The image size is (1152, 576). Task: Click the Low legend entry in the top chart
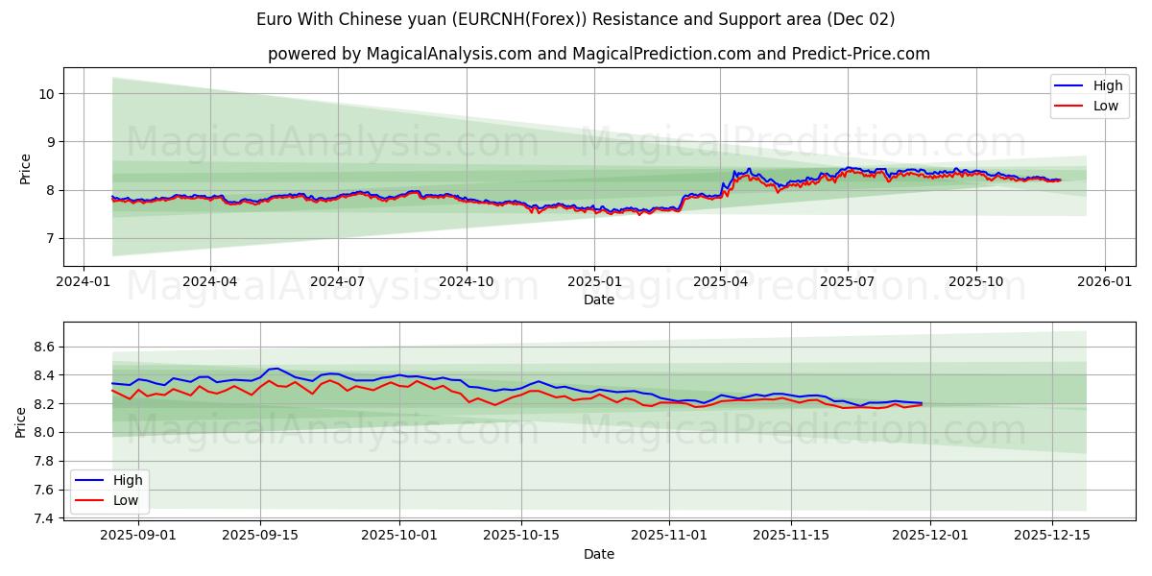pos(1105,106)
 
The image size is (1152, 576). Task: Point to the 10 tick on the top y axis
pos(45,94)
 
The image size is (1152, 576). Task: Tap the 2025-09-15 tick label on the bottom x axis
pos(260,536)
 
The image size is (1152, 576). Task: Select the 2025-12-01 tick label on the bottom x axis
pos(929,536)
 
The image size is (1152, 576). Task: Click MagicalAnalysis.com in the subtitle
pos(449,54)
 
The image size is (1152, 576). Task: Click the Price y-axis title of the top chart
pos(25,167)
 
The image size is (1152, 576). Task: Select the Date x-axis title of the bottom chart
pos(599,554)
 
